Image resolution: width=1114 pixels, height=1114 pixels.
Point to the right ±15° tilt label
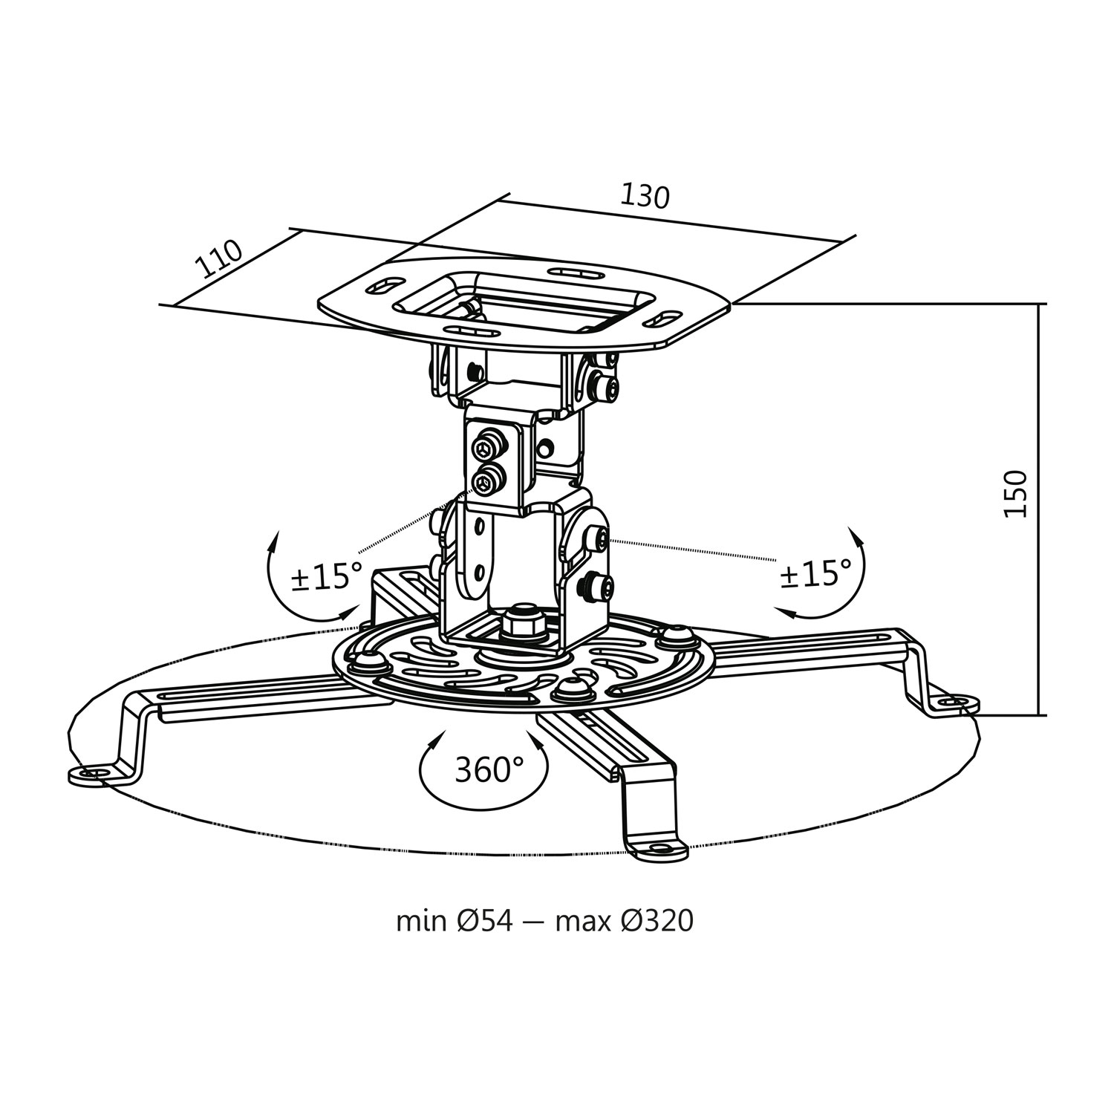[815, 573]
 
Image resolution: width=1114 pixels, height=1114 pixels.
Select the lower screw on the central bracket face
[486, 481]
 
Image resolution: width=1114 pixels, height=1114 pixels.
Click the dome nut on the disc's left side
[368, 660]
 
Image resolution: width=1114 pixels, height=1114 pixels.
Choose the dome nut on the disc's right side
[674, 634]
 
